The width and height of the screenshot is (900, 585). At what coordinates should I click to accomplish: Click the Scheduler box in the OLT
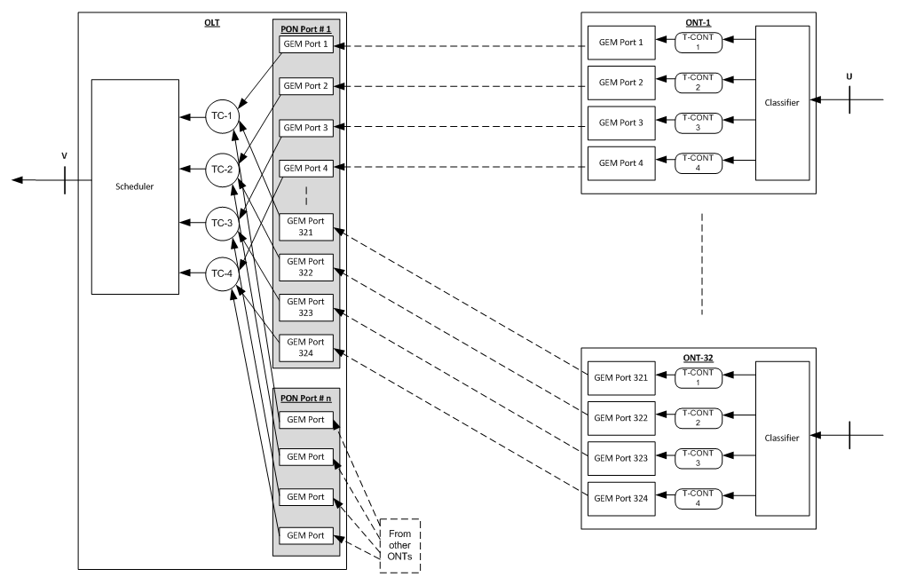(135, 187)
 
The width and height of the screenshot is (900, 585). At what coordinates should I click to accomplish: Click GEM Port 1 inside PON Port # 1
(306, 44)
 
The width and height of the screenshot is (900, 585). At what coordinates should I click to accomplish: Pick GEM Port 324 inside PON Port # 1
(306, 347)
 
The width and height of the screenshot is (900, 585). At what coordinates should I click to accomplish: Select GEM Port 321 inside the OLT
(306, 226)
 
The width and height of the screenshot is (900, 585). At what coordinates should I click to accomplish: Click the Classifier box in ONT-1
(782, 103)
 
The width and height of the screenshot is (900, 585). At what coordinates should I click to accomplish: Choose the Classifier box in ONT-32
(782, 439)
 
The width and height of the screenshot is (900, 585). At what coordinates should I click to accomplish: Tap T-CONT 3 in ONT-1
(699, 123)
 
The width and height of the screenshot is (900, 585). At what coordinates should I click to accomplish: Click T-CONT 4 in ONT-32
(699, 499)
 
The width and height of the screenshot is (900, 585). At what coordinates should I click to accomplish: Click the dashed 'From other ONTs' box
(400, 545)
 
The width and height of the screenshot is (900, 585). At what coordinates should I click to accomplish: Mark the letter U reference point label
(849, 76)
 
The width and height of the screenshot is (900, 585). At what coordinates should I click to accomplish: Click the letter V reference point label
(64, 156)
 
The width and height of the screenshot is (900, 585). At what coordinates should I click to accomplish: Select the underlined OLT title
(212, 21)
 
